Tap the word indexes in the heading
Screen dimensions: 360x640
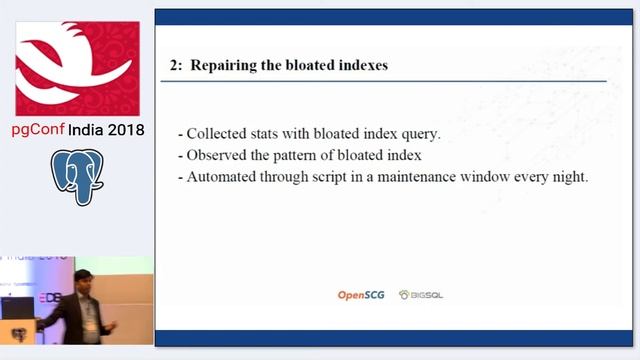pyautogui.click(x=358, y=65)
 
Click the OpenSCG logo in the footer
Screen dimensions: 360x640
pyautogui.click(x=362, y=295)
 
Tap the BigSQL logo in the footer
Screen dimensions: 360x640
pyautogui.click(x=421, y=295)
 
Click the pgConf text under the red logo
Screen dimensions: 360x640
pyautogui.click(x=38, y=130)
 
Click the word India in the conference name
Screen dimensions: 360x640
pyautogui.click(x=88, y=130)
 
